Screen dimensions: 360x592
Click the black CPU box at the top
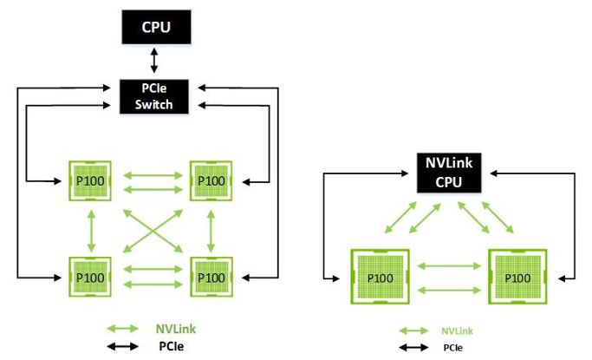pos(153,27)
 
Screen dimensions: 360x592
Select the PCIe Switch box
pos(153,96)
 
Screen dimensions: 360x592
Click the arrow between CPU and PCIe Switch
pos(153,60)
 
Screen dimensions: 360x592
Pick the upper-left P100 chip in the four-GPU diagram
pos(90,180)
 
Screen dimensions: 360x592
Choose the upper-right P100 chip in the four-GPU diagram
pos(211,180)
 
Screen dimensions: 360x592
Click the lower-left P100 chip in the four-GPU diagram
pos(90,278)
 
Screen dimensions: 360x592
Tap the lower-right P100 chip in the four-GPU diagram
pos(211,278)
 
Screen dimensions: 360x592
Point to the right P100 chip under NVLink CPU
pos(517,278)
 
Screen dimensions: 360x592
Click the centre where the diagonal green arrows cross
pos(151,229)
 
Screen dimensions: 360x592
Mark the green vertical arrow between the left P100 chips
pos(90,229)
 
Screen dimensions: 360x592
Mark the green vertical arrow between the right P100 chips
pos(211,229)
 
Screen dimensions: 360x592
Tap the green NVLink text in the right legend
pos(458,331)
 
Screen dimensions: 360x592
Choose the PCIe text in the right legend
pos(452,347)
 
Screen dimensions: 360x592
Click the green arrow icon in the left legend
pos(124,329)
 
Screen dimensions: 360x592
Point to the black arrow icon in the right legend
pos(413,347)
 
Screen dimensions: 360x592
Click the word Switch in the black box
pos(153,104)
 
